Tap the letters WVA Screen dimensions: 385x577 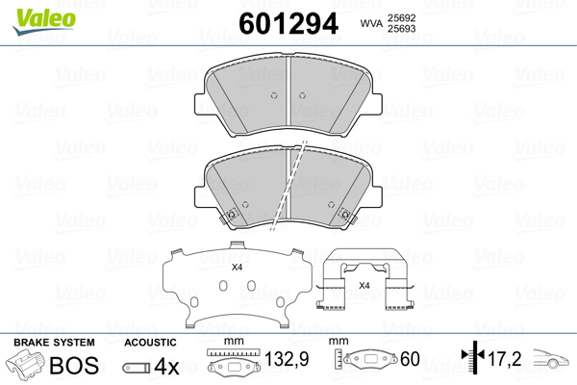tap(371, 23)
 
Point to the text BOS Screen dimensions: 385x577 tap(74, 366)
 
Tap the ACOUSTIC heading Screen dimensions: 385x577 tap(150, 343)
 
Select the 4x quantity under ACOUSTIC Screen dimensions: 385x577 tap(167, 366)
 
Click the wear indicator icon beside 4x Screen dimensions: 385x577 tap(136, 368)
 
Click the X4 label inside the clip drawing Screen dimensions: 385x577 tap(364, 286)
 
